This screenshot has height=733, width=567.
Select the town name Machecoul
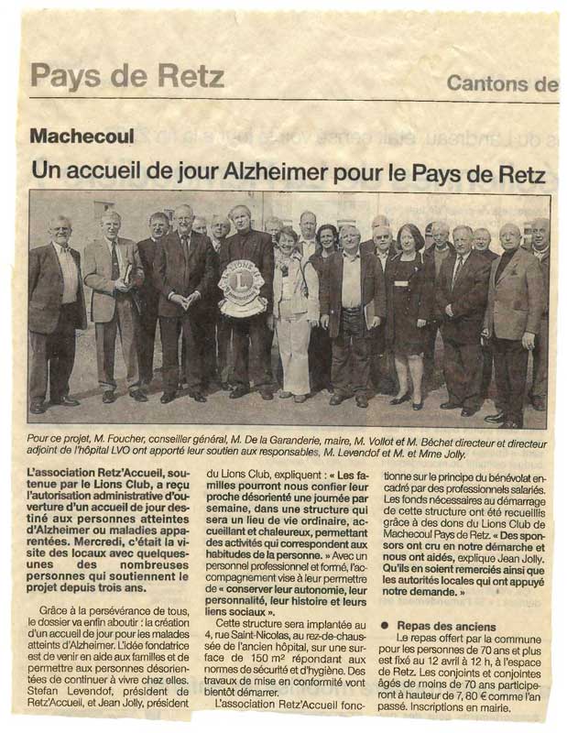pos(82,137)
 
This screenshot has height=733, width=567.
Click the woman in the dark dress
pos(406,302)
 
